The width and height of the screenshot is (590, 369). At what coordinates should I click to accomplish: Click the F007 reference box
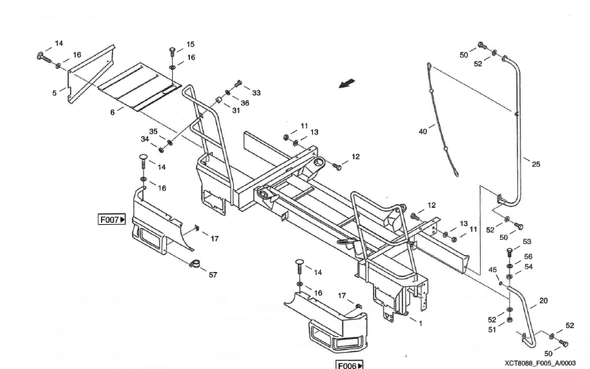point(112,220)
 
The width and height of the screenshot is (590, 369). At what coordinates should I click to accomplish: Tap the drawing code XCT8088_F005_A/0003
point(540,362)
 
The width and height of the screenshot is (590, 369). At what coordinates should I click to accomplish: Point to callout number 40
point(423,131)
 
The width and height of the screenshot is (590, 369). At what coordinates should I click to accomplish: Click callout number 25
point(536,164)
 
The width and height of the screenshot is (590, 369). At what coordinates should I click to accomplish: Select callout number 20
point(544,301)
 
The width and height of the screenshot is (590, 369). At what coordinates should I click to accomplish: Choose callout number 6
point(112,112)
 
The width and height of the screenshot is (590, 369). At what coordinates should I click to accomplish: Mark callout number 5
point(54,93)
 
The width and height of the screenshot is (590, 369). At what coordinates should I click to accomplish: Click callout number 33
point(256,93)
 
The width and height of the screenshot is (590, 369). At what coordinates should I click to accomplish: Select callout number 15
point(191,45)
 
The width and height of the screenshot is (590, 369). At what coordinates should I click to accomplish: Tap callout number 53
point(527,243)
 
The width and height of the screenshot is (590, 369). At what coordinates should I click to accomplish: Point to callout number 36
point(246,102)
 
